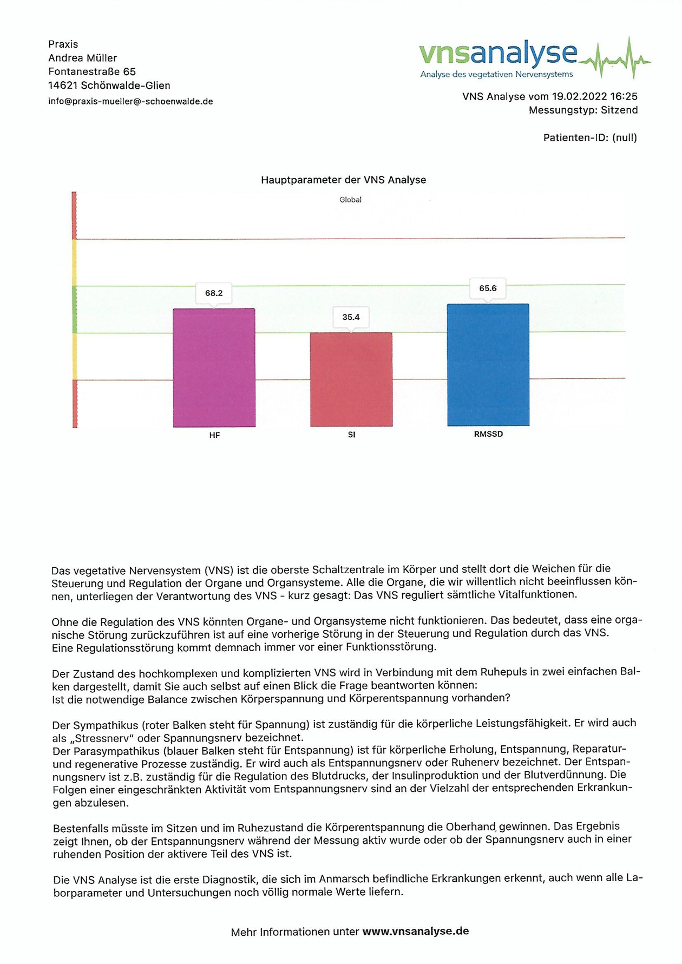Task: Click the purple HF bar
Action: [x=214, y=368]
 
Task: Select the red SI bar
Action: [x=351, y=380]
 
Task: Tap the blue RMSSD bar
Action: [x=488, y=365]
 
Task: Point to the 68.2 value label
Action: [x=214, y=293]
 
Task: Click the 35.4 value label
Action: [x=351, y=317]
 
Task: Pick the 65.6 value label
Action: [x=488, y=288]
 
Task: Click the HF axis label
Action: [x=214, y=435]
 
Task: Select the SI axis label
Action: [x=351, y=435]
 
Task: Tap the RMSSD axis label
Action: [x=488, y=434]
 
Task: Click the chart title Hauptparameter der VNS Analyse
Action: [x=343, y=180]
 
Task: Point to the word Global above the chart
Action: [x=350, y=200]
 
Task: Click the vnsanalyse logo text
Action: [x=498, y=54]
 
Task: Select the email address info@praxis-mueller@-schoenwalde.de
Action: [x=130, y=102]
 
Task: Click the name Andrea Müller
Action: [x=82, y=58]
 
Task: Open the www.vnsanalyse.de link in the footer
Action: [x=415, y=932]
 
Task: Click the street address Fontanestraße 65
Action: [x=92, y=72]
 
